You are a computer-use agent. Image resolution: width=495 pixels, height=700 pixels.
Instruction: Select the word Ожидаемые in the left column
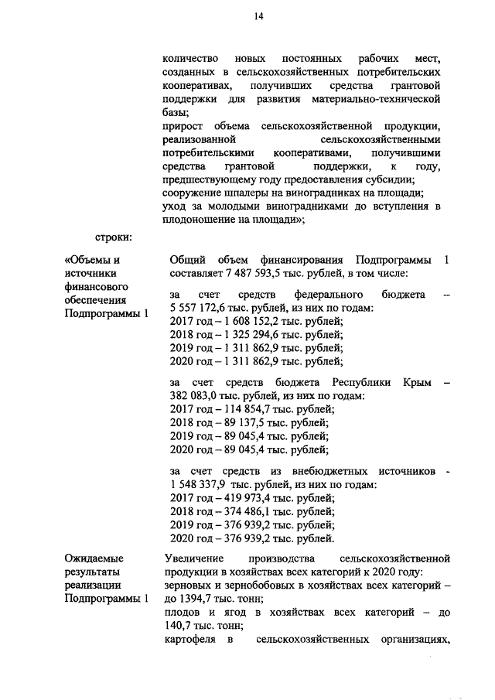(x=94, y=558)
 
